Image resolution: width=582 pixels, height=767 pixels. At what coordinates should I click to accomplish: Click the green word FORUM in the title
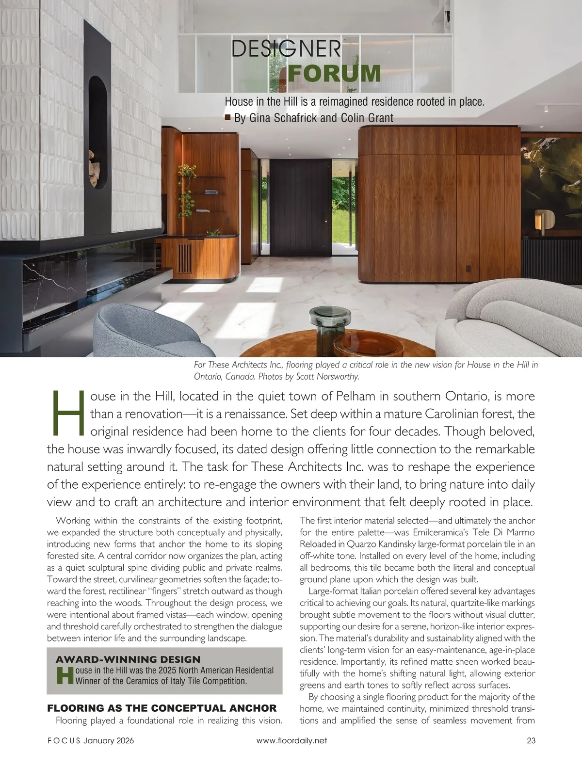(x=334, y=73)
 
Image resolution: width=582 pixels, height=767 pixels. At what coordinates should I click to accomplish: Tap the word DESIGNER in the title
(x=286, y=49)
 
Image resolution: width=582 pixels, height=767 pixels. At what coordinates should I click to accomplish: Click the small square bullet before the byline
(x=227, y=117)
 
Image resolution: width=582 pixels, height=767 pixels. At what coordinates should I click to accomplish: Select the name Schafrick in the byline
(x=292, y=118)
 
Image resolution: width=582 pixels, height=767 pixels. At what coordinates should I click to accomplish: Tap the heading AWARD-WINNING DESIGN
(x=128, y=659)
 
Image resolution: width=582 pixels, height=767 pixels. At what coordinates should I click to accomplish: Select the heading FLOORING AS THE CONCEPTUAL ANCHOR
(x=162, y=708)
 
